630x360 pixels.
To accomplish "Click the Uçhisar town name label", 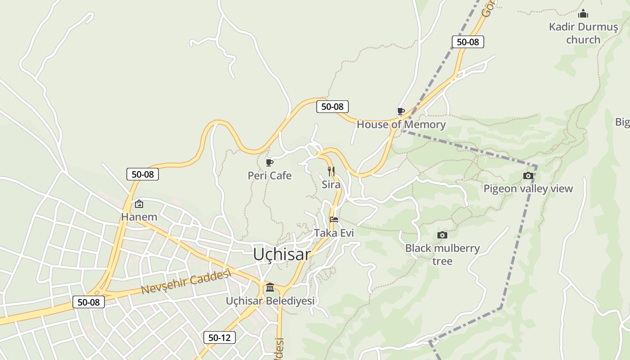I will coord(282,254).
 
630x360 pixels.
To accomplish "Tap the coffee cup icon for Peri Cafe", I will coord(270,162).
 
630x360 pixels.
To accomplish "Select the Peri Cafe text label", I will coord(270,175).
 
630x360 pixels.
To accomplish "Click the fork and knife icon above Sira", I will coord(331,171).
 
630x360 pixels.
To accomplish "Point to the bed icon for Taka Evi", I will coord(334,220).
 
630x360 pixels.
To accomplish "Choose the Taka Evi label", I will coord(334,233).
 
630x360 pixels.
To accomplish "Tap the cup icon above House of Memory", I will coord(400,111).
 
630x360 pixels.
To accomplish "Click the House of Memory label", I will coord(401,125).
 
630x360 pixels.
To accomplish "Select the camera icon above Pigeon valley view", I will coord(528,175).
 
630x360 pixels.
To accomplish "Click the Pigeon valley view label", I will coord(528,189).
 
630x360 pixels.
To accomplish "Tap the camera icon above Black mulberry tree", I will coord(442,235).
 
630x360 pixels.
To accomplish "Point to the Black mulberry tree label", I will coord(442,254).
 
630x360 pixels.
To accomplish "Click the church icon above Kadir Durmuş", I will coord(583,14).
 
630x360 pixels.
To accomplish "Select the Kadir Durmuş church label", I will coord(583,33).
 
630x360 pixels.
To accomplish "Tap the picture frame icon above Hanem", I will coord(139,204).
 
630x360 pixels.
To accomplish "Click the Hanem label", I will coord(139,217).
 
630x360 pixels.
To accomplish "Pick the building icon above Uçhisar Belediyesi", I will coord(270,287).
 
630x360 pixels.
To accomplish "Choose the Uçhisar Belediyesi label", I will coord(270,301).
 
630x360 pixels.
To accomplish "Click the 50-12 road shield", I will coord(220,337).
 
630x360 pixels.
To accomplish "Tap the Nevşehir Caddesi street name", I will coord(186,282).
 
